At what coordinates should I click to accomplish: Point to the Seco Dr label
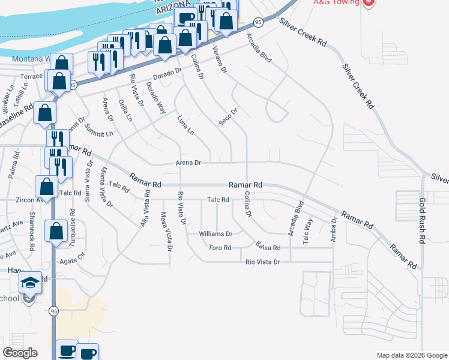click(229, 116)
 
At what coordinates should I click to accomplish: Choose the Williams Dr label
click(215, 233)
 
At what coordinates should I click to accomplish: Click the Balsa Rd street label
click(268, 247)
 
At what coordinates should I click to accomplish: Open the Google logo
click(20, 353)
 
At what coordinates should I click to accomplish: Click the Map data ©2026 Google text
click(411, 355)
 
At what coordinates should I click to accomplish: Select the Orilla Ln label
click(125, 110)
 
